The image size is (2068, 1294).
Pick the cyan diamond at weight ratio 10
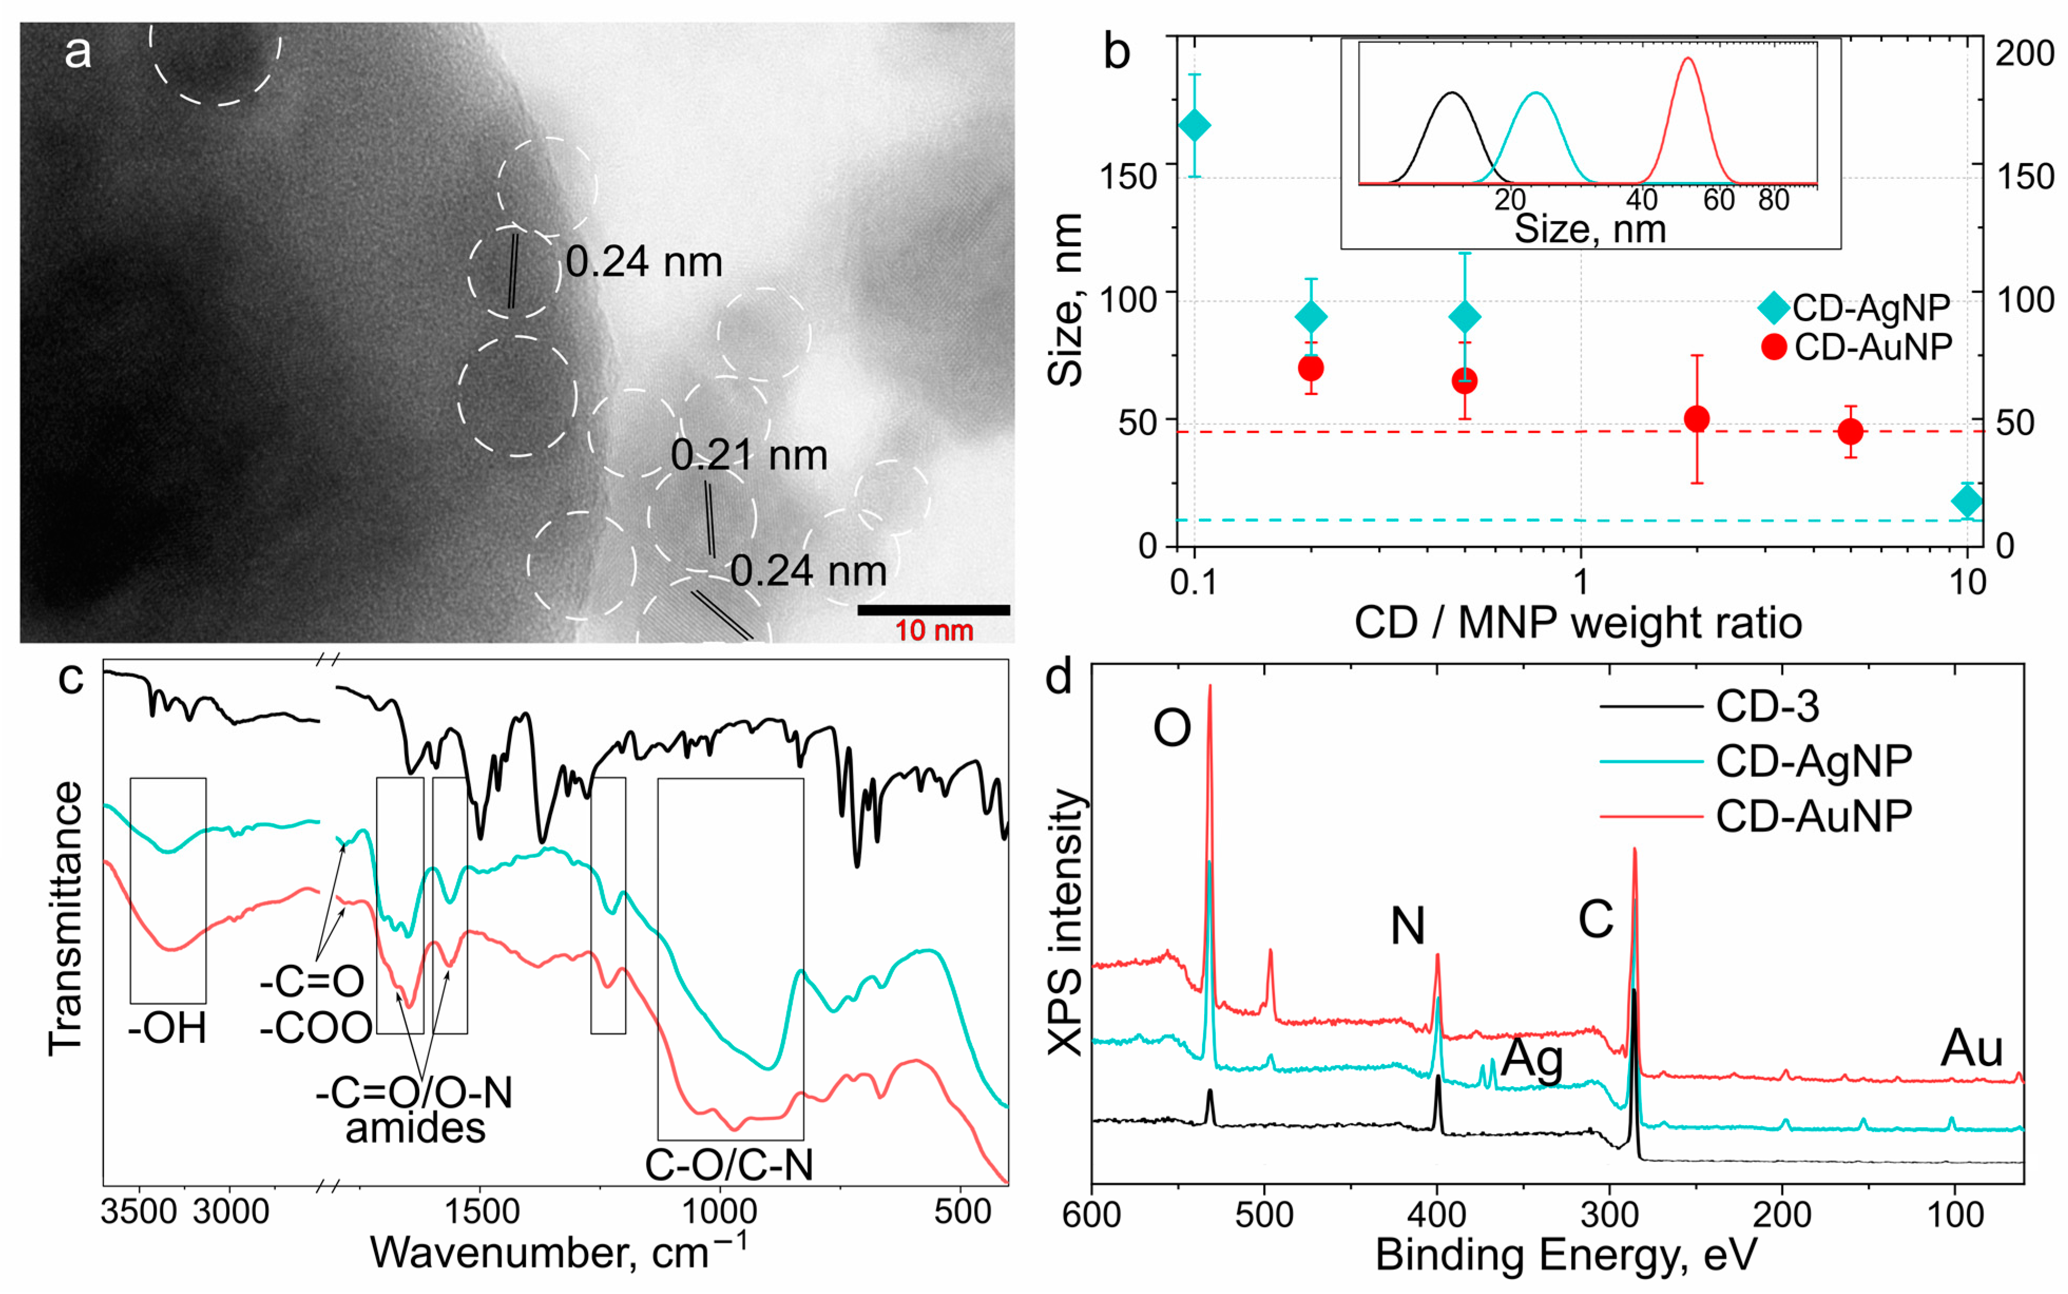tap(1967, 502)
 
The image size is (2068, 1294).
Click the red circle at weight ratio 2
tap(1696, 418)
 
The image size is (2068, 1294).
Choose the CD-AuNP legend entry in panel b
tap(1857, 347)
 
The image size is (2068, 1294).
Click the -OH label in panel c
tap(168, 1028)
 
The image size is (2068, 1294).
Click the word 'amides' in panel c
tap(415, 1128)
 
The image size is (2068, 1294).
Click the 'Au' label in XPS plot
tap(1971, 1048)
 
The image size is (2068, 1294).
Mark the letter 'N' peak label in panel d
tap(1408, 925)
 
